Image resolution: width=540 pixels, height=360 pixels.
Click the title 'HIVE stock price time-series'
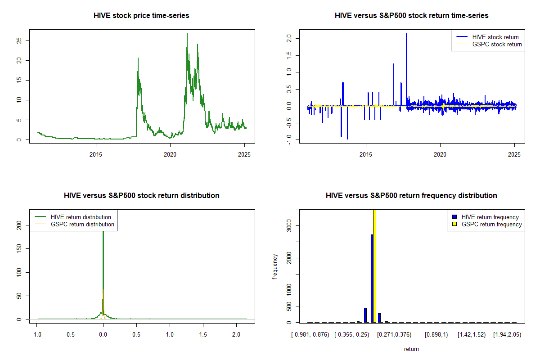(141, 15)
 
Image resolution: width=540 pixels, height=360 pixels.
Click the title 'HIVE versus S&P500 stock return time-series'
(411, 15)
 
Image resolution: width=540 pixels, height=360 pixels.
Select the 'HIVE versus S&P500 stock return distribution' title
(141, 195)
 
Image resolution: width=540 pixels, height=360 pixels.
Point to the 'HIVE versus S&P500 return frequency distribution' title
(411, 195)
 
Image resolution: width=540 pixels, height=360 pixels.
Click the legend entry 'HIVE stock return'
(495, 37)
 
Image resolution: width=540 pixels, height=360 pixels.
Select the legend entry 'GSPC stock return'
(497, 44)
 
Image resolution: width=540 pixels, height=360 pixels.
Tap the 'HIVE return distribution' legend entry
(81, 217)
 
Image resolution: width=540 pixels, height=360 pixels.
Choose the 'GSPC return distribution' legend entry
(82, 224)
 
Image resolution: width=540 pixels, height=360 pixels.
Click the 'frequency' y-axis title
(275, 266)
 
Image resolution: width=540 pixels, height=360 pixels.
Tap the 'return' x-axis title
(411, 349)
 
